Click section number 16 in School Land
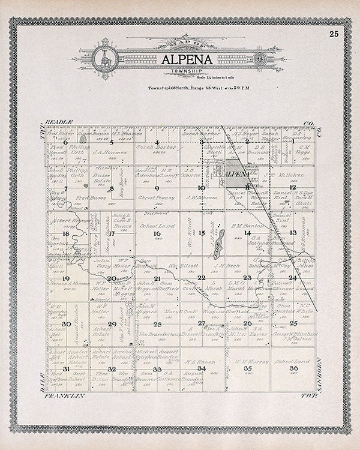[157, 234]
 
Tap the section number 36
[293, 368]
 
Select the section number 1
[292, 142]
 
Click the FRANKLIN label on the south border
[63, 397]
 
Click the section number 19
[66, 278]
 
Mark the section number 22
[202, 278]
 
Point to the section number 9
[157, 188]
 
